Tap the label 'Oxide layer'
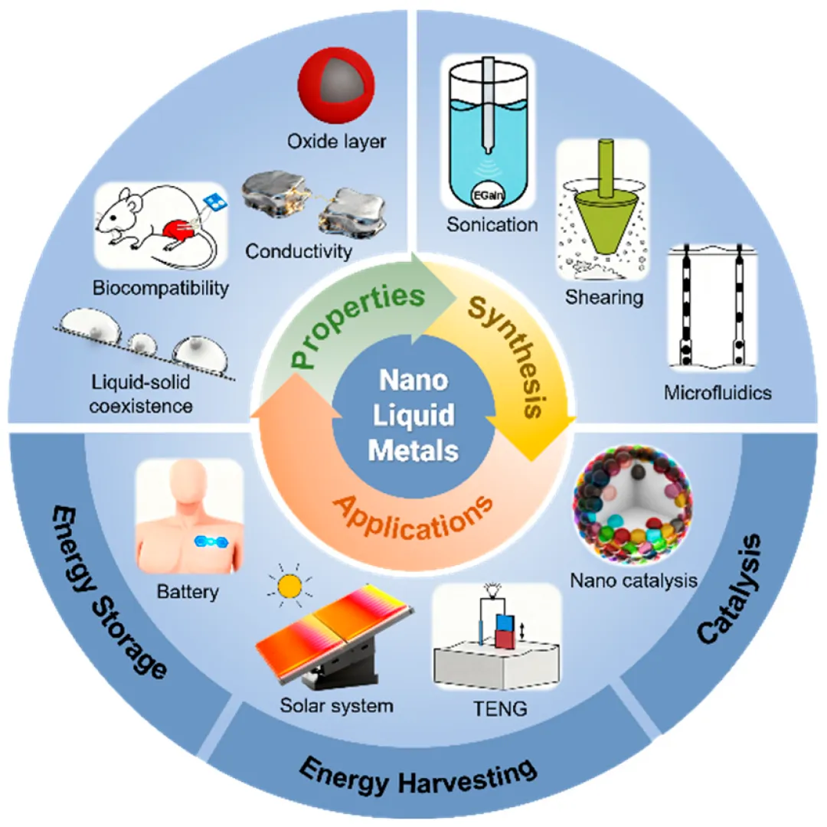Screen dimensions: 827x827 pyautogui.click(x=338, y=142)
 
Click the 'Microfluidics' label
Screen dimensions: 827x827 pyautogui.click(x=718, y=394)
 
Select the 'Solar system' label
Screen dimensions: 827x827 pyautogui.click(x=336, y=704)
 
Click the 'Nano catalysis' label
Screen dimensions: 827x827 pyautogui.click(x=633, y=580)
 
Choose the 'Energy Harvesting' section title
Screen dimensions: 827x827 pyautogui.click(x=417, y=774)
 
